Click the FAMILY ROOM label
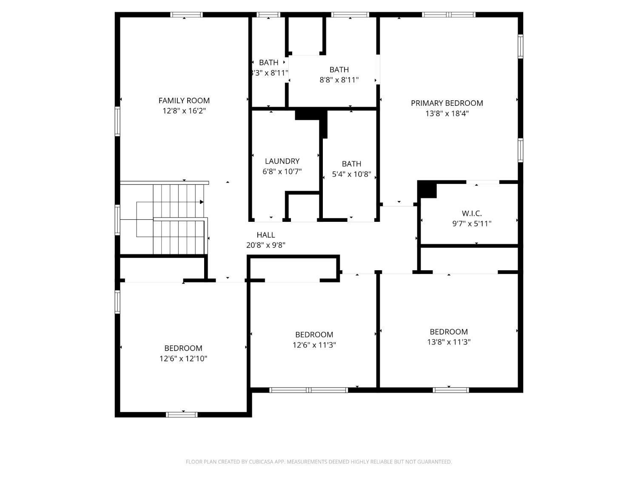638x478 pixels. [x=184, y=101]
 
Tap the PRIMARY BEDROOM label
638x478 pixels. [x=447, y=103]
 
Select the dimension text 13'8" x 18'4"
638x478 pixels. [x=447, y=113]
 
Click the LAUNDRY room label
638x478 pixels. [x=282, y=161]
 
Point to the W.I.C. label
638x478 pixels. [x=472, y=213]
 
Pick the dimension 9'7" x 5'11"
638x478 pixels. [x=472, y=223]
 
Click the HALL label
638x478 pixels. [x=266, y=235]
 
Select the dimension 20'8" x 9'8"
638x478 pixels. [x=266, y=245]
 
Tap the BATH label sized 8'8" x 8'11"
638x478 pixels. [x=339, y=70]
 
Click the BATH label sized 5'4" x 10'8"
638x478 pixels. [x=351, y=164]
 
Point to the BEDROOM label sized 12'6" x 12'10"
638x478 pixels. [x=183, y=348]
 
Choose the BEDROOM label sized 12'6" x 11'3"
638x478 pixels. [x=314, y=335]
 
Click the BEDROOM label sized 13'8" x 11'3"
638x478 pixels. [x=449, y=332]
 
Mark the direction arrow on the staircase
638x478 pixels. [x=201, y=202]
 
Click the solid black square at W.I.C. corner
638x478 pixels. [x=427, y=190]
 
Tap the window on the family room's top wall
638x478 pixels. [x=186, y=15]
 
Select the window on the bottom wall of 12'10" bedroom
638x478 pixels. [x=182, y=414]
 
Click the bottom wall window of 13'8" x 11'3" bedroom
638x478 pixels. [x=451, y=390]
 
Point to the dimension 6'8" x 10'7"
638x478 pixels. [x=282, y=171]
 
